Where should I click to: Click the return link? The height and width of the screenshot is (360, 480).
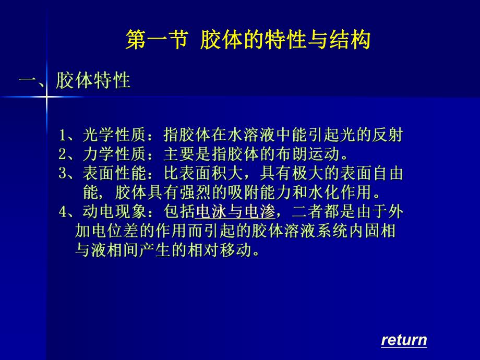point(404,340)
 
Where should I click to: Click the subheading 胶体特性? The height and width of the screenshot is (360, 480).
point(93,81)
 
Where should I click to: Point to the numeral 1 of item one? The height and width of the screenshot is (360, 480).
point(62,136)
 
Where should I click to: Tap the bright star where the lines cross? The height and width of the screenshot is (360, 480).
point(45,97)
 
